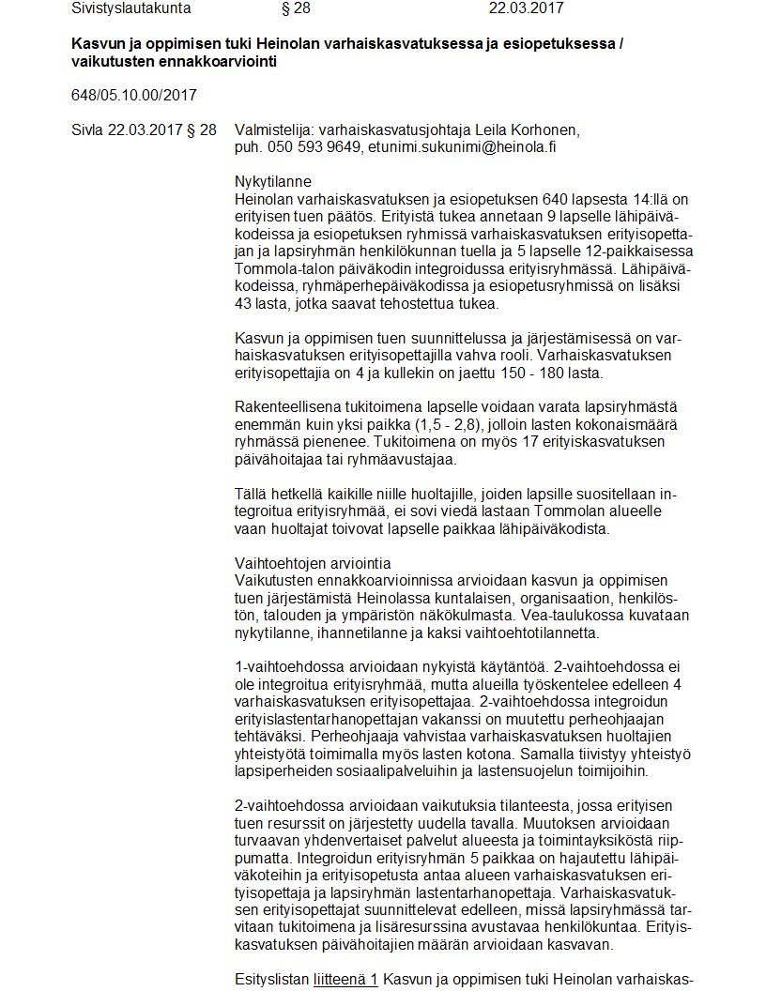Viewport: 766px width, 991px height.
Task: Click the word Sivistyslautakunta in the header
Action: pyautogui.click(x=130, y=8)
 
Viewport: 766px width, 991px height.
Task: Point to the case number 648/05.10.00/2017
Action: pyautogui.click(x=133, y=95)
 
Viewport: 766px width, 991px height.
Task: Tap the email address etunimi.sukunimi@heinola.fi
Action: pyautogui.click(x=469, y=146)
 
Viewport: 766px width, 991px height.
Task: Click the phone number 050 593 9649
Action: pyautogui.click(x=314, y=146)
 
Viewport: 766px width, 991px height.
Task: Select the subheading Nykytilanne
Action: pyautogui.click(x=272, y=181)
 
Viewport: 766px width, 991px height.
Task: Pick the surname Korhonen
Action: pyautogui.click(x=546, y=130)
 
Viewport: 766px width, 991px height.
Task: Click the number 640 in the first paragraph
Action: pyautogui.click(x=557, y=199)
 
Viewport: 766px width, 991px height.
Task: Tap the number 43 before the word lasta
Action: pyautogui.click(x=244, y=303)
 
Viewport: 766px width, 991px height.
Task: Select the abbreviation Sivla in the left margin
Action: pyautogui.click(x=88, y=130)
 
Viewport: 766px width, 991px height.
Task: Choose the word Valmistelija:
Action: pyautogui.click(x=274, y=130)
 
